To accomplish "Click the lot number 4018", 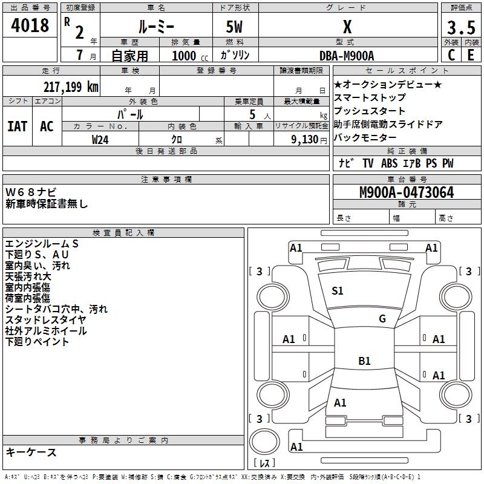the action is (x=30, y=26).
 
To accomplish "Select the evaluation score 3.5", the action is (x=460, y=27).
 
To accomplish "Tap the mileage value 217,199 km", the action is (x=71, y=87).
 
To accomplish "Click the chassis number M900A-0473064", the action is (x=407, y=193).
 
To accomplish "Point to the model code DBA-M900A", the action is (x=347, y=56).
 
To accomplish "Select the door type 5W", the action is (x=235, y=27).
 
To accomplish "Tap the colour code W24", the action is (x=100, y=139).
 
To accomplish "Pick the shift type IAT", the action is (x=17, y=126).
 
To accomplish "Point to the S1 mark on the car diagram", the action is (x=338, y=291).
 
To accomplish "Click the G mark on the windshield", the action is (x=382, y=319).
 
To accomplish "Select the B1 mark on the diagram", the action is (x=364, y=361).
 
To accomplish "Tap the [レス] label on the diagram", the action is (x=264, y=463).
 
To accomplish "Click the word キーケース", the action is (x=31, y=453).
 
